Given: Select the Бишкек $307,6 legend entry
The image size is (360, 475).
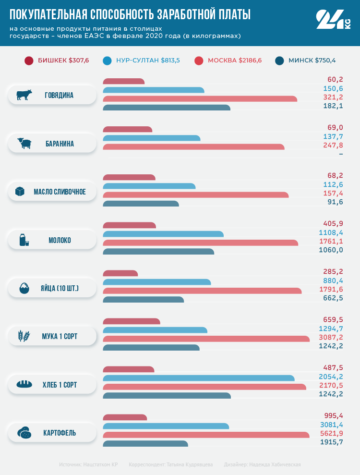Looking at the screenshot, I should (x=57, y=61).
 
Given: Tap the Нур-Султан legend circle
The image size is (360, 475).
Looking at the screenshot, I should (x=108, y=61).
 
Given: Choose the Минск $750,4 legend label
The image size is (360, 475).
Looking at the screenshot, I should (x=312, y=61).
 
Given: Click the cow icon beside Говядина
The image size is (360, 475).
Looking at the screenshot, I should (x=24, y=95).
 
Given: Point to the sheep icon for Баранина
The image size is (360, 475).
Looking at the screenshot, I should (x=24, y=144).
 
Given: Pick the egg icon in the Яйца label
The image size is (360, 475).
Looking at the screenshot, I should (x=24, y=289).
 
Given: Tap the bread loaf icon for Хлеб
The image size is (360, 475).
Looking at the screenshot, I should (x=24, y=385).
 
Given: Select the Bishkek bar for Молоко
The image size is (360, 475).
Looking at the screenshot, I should (x=130, y=225).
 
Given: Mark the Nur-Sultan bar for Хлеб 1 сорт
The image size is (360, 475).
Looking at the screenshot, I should (x=199, y=378).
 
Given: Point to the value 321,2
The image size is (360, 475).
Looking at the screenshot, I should (x=333, y=97).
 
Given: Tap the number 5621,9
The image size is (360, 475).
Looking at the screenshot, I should (x=331, y=433).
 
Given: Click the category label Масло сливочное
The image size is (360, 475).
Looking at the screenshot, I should (x=60, y=192).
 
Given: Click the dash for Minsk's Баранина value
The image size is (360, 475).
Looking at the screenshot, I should (x=341, y=154).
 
